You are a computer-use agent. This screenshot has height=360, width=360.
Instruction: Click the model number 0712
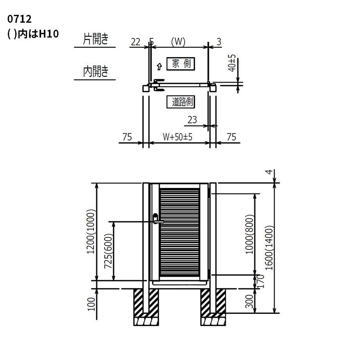coord(19,19)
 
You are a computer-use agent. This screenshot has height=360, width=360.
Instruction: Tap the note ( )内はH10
coord(33,34)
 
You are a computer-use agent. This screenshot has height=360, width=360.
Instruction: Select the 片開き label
coord(95,39)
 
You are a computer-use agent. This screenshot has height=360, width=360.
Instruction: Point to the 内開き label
coord(95,71)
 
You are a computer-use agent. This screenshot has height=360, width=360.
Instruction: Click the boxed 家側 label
coord(181,64)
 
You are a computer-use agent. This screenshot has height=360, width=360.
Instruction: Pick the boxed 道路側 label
coord(181,102)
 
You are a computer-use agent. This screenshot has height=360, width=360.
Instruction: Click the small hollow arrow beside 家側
coord(159,67)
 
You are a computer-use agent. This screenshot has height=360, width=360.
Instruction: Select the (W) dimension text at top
coord(178,41)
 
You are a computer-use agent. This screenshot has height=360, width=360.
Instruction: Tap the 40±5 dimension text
coord(232,63)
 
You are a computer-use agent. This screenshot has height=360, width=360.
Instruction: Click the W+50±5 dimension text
coord(178,137)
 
